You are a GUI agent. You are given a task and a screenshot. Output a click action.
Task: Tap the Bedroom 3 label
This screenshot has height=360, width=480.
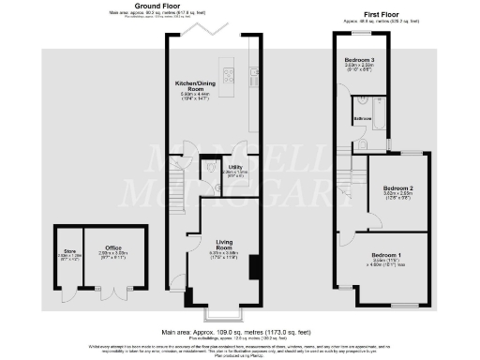[x=359, y=59]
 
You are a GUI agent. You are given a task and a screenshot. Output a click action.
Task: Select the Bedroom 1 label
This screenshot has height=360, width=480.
[x=385, y=255]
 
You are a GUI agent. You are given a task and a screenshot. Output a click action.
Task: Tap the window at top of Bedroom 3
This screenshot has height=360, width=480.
[x=361, y=35]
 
